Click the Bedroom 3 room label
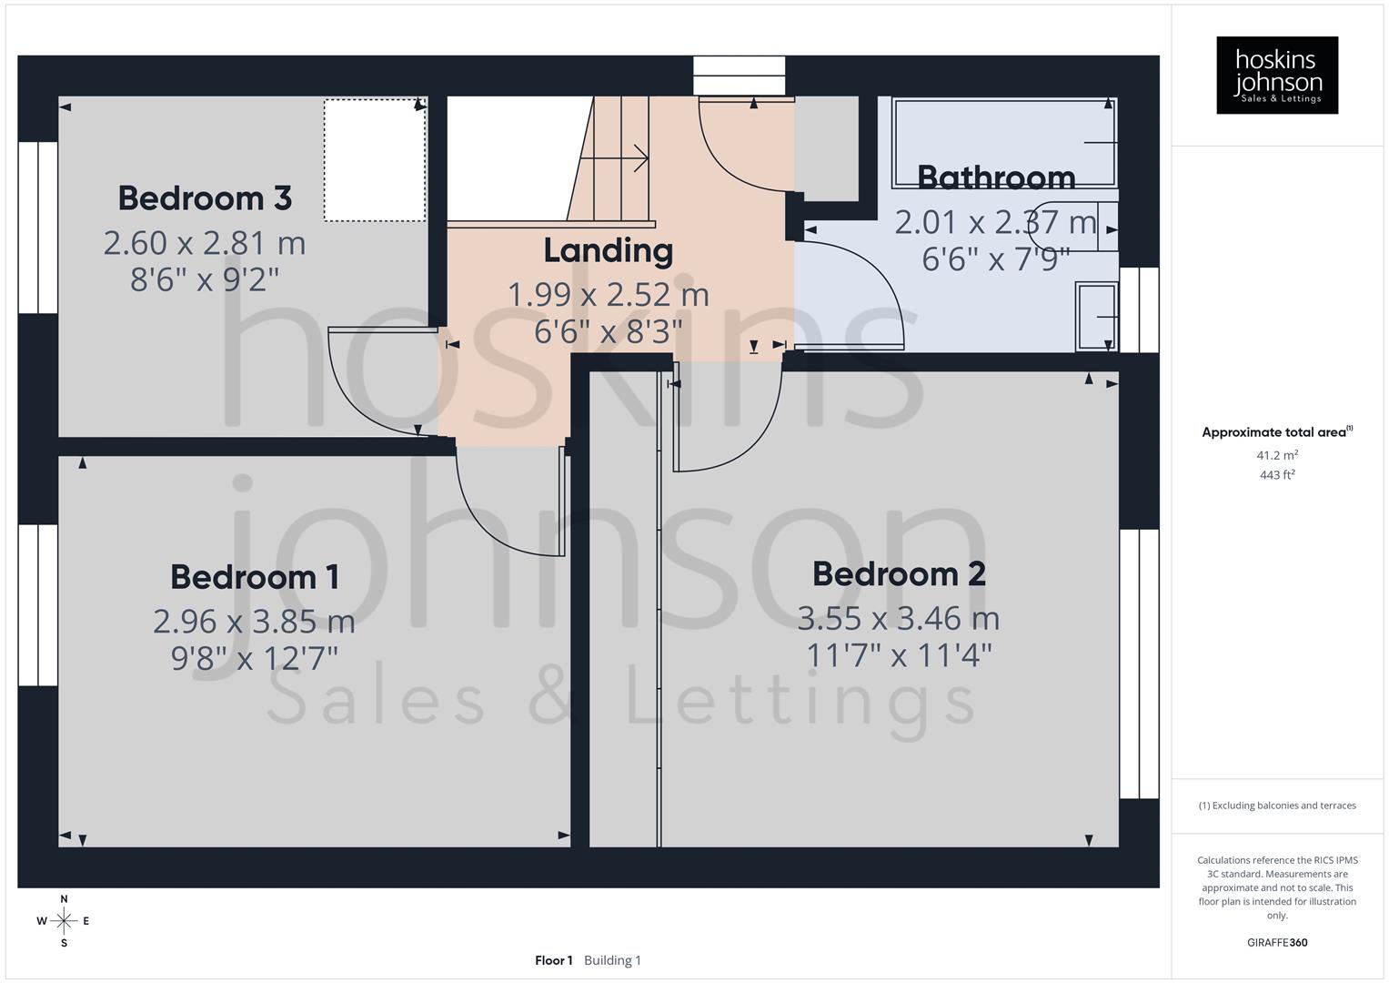[x=205, y=198]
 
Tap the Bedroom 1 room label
[x=255, y=577]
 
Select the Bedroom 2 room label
[x=899, y=574]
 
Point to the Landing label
[x=608, y=250]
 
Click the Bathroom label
[x=996, y=177]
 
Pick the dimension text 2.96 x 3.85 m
[x=254, y=622]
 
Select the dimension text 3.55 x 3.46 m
[x=899, y=619]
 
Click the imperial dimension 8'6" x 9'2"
[x=205, y=279]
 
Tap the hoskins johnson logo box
[x=1277, y=75]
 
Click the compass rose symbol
[x=64, y=921]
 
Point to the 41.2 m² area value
[x=1277, y=455]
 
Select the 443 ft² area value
[x=1277, y=475]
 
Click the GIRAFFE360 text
[x=1277, y=943]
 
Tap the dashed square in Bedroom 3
[x=375, y=160]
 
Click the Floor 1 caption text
[x=553, y=960]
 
